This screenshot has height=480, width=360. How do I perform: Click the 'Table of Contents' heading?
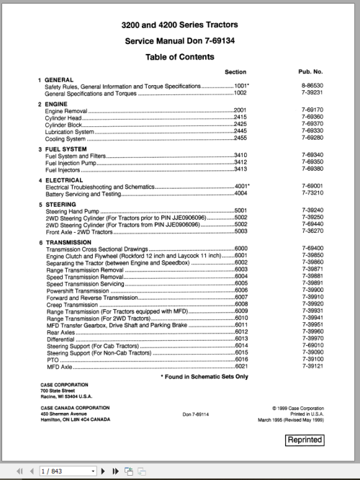coord(180,56)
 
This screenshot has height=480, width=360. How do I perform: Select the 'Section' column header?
coord(235,72)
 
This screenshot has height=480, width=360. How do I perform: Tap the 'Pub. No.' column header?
coord(310,72)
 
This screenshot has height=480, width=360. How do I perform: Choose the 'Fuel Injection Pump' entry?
coord(73,162)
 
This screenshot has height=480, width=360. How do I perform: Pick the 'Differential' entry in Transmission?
coord(60,339)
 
